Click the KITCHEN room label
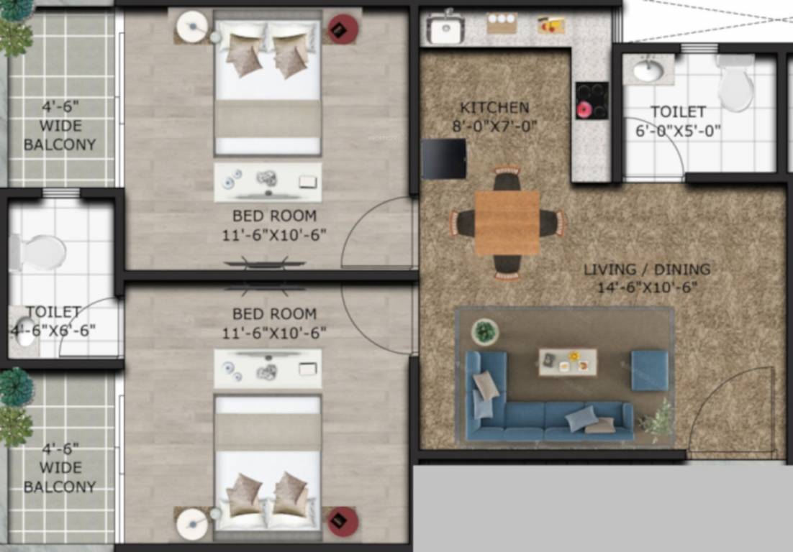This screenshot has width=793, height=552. coord(494,108)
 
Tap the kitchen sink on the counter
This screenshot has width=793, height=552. coord(445,29)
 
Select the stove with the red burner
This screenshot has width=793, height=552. coord(592,100)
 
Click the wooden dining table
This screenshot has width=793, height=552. coord(507,223)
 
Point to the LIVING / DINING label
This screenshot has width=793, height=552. coord(646,270)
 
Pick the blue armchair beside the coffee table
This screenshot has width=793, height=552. coord(650,370)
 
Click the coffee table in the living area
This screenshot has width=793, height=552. coord(568,362)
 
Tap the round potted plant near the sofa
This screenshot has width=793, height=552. coord(486,331)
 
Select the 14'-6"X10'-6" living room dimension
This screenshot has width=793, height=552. coord(646,287)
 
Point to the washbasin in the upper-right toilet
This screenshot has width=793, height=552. coord(649,70)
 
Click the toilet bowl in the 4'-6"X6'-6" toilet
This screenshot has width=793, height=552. coord(40,252)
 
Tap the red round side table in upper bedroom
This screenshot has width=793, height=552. coord(343,29)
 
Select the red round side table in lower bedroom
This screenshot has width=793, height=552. coord(343,521)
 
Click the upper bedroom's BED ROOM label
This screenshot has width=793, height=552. coord(273,216)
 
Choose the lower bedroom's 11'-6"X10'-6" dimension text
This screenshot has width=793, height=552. coord(275,333)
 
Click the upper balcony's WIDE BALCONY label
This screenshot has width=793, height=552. coord(60,137)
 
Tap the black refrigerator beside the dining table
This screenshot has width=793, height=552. coord(444,159)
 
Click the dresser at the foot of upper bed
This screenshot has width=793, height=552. coord(268,182)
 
